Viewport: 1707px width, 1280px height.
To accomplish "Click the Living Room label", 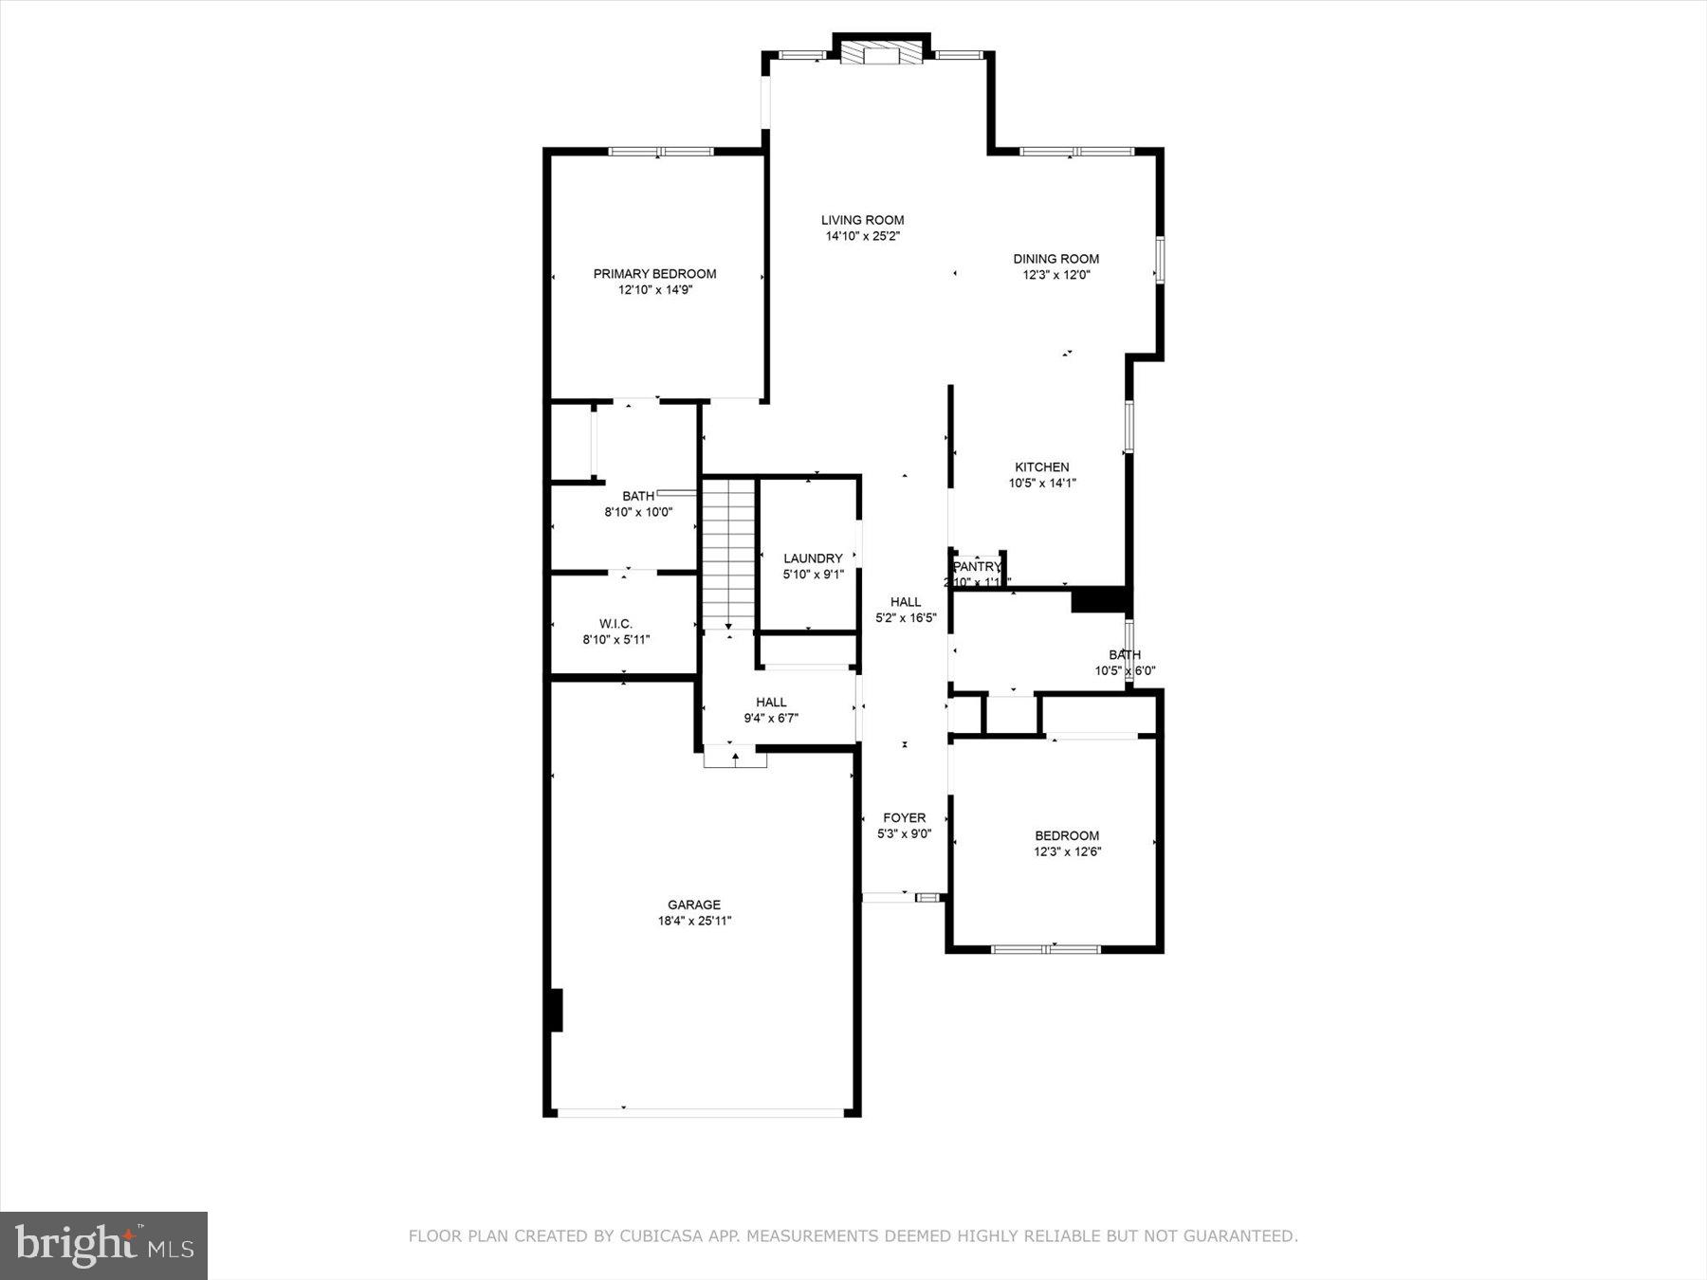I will click(862, 220).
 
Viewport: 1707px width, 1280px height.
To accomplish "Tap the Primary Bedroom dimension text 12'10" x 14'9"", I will click(655, 290).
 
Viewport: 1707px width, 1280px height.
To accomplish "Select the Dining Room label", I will click(1055, 259).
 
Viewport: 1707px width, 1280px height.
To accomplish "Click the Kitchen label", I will click(1041, 466).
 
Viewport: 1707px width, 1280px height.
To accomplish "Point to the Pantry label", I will click(976, 567).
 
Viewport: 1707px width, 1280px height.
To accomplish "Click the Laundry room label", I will click(813, 558).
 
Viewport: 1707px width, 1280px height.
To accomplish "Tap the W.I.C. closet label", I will click(615, 624).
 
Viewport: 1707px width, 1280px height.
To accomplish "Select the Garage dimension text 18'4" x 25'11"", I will click(694, 921).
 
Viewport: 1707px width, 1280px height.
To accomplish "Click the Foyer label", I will click(904, 817).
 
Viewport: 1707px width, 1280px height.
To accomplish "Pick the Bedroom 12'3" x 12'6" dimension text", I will click(1067, 851).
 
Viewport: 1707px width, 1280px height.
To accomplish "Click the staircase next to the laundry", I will click(728, 555).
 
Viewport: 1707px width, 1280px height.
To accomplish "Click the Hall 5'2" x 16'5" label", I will click(906, 602).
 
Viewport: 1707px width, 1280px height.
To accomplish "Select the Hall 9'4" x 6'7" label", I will click(771, 703).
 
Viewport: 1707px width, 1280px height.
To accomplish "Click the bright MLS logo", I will click(103, 1245).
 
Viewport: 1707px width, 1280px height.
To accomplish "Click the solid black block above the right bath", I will click(1098, 600).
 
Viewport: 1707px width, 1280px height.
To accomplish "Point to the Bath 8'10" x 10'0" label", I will click(638, 496).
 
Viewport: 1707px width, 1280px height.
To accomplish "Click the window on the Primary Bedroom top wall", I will click(661, 151).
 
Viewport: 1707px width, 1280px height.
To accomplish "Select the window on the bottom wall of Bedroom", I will click(1046, 948).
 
